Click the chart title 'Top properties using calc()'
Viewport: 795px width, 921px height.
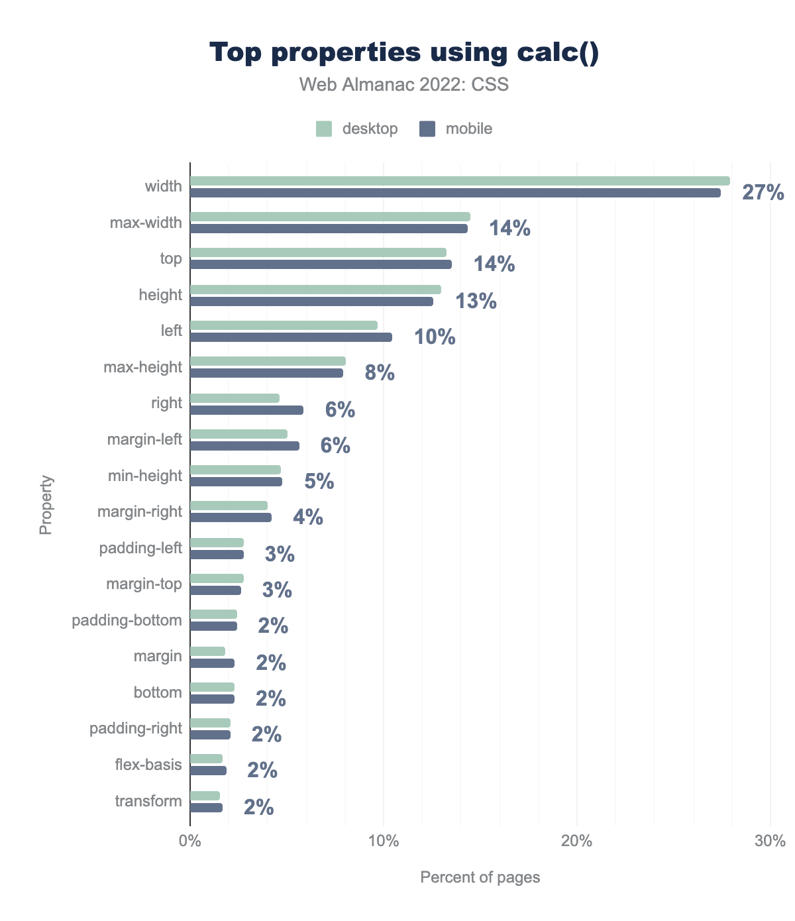click(x=404, y=53)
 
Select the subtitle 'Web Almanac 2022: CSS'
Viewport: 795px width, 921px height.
click(x=404, y=85)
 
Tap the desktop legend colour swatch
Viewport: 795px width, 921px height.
click(x=323, y=129)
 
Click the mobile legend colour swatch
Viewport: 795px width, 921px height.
click(x=427, y=129)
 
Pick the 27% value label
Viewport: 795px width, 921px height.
click(x=763, y=193)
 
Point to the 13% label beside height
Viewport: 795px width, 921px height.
click(x=476, y=301)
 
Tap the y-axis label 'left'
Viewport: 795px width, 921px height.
click(x=171, y=330)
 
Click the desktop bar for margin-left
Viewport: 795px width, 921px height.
click(x=238, y=434)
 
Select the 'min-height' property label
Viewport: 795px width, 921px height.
click(x=144, y=476)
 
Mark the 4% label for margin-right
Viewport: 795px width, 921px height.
click(x=308, y=517)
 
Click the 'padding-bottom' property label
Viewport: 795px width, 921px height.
click(x=127, y=620)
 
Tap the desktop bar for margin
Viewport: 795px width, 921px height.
click(x=207, y=651)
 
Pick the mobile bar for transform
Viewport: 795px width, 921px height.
click(x=206, y=808)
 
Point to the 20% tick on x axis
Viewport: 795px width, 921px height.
click(x=576, y=842)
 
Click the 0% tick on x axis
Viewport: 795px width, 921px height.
click(x=190, y=842)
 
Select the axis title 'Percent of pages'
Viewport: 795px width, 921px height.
click(x=480, y=877)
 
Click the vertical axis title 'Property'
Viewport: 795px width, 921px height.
click(x=46, y=505)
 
